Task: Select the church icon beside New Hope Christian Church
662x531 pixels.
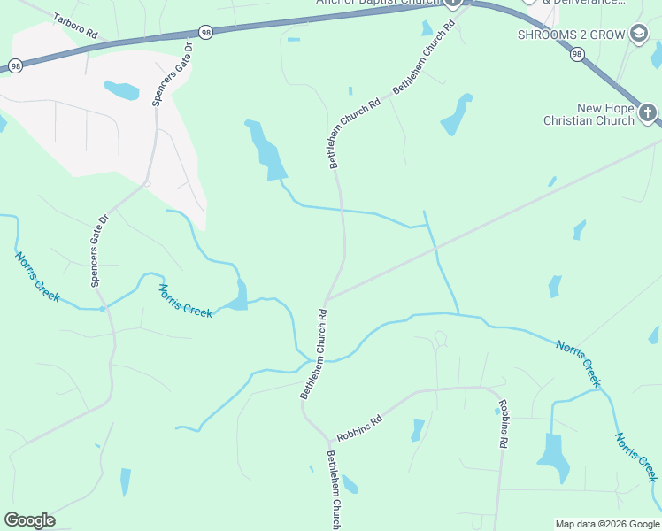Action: point(648,112)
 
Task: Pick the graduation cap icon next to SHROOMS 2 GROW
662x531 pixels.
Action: point(637,35)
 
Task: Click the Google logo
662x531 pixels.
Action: point(29,520)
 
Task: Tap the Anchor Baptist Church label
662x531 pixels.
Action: point(378,2)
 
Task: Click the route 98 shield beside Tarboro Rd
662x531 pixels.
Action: point(205,31)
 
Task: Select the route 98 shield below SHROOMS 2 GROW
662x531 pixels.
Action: point(578,55)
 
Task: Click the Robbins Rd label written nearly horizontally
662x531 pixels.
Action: point(358,427)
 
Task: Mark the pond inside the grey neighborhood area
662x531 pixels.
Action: point(121,89)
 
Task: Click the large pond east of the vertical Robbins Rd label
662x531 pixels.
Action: point(552,451)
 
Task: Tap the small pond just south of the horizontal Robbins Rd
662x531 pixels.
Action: point(417,430)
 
